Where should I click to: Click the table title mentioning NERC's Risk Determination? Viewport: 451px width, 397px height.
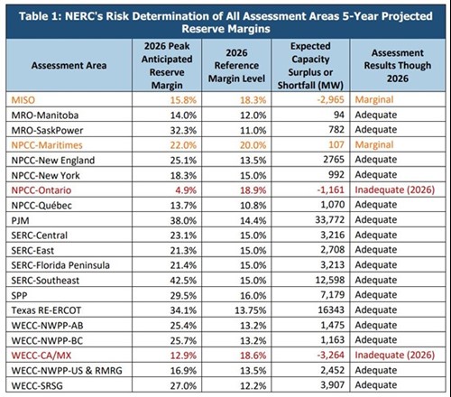(225, 23)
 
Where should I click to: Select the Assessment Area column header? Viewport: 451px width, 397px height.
(69, 66)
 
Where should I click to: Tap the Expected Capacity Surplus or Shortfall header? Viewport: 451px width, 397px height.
(310, 66)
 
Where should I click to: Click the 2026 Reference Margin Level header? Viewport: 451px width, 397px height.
(236, 66)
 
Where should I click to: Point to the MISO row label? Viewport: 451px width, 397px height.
(23, 100)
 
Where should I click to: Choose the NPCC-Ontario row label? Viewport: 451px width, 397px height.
(41, 190)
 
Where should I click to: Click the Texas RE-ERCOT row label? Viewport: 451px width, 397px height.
(46, 310)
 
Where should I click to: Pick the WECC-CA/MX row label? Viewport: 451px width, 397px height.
(41, 355)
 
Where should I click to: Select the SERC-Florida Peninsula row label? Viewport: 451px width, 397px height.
(60, 265)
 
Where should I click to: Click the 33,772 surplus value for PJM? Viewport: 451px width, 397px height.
(330, 220)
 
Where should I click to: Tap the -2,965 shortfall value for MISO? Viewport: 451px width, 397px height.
(331, 99)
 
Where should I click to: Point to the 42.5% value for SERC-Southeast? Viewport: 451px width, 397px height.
(183, 281)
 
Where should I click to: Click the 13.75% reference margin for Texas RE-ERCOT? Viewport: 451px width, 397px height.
(251, 310)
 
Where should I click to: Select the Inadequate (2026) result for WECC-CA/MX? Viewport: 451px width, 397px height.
(395, 355)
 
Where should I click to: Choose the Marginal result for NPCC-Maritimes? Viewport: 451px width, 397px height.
(374, 144)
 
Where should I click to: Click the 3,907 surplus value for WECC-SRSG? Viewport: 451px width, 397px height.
(333, 385)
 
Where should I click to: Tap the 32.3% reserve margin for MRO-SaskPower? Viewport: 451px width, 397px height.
(183, 130)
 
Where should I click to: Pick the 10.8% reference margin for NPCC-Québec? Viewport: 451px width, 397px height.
(253, 205)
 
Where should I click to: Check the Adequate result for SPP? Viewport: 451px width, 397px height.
(376, 295)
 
